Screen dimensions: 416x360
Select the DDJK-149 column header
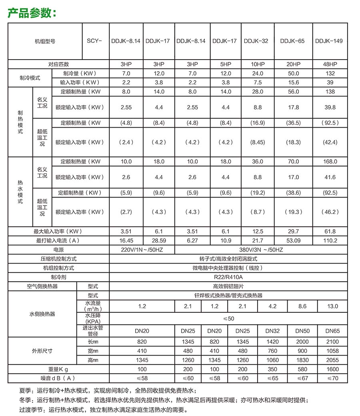point(329,41)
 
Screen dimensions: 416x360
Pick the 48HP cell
point(330,64)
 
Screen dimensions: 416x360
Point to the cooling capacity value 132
point(330,73)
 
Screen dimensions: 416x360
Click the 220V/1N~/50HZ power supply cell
point(142,250)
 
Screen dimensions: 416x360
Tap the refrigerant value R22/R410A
point(228,277)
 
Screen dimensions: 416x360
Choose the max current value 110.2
point(330,240)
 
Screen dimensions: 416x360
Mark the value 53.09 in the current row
point(293,240)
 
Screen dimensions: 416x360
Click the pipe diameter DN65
point(332,331)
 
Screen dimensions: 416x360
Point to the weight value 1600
point(332,369)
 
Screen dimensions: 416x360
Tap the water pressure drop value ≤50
point(228,318)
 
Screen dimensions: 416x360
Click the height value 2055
point(332,360)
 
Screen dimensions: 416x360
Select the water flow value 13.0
point(332,306)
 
